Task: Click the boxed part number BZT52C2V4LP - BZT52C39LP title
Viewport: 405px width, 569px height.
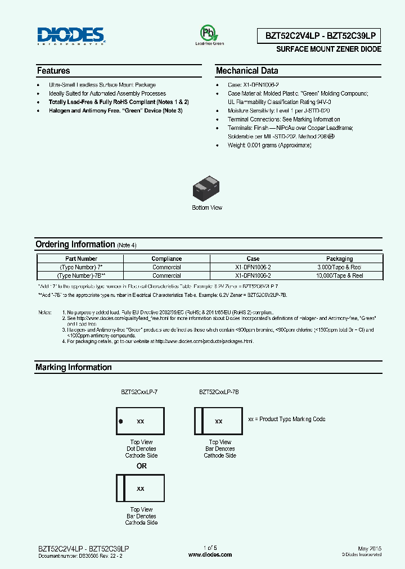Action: click(x=323, y=36)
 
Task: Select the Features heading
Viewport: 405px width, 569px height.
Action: click(x=53, y=71)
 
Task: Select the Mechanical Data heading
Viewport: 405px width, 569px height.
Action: click(x=247, y=71)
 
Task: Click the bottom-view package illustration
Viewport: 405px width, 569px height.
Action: click(x=207, y=191)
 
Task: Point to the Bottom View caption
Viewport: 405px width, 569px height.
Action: click(x=207, y=208)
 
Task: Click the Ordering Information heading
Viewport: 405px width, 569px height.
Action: click(x=75, y=245)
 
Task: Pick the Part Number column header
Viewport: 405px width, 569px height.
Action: click(x=81, y=259)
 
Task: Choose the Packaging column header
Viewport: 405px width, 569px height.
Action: click(x=339, y=259)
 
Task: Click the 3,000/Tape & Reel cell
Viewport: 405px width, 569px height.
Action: click(x=339, y=268)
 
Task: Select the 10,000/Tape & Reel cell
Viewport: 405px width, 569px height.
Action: click(x=339, y=276)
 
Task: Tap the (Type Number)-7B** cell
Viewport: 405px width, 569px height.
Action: click(x=81, y=276)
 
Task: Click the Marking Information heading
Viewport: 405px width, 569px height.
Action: click(x=73, y=367)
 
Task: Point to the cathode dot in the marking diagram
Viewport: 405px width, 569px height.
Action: click(x=120, y=421)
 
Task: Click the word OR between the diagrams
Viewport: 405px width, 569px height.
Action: click(x=141, y=466)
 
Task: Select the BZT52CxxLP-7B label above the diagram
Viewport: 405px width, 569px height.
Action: click(x=219, y=392)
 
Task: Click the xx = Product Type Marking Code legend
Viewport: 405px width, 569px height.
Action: click(x=286, y=419)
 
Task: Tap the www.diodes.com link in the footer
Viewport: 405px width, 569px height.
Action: click(x=210, y=554)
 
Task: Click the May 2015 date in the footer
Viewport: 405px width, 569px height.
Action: click(x=369, y=548)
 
